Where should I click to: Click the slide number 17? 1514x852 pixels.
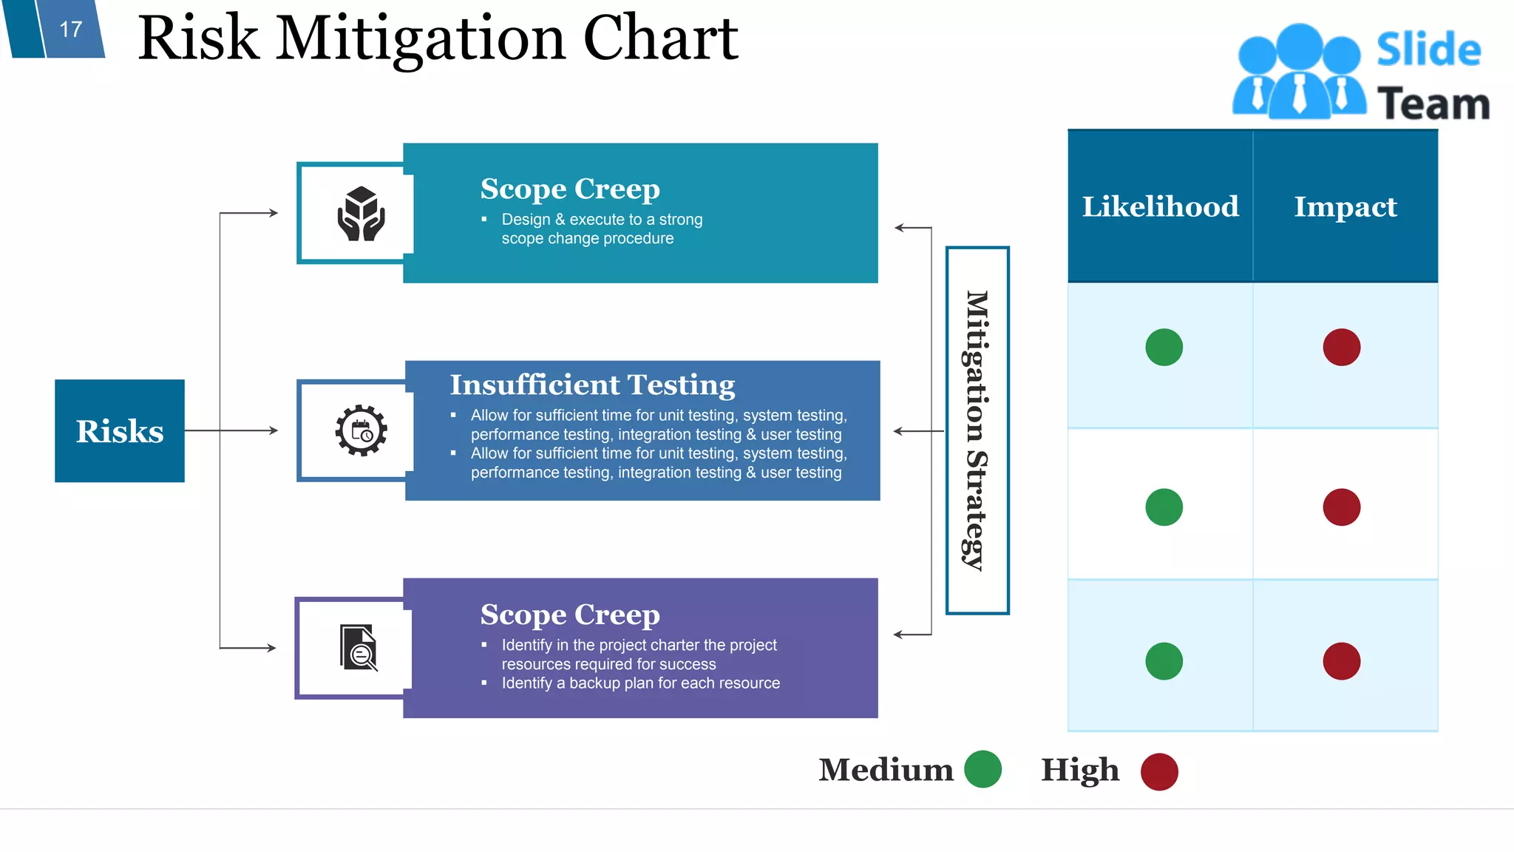click(x=71, y=30)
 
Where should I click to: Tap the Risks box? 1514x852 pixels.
click(x=120, y=431)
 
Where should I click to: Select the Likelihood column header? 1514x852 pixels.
click(x=1160, y=206)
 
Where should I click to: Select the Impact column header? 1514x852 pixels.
click(x=1345, y=206)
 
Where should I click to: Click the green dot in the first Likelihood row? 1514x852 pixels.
click(x=1164, y=347)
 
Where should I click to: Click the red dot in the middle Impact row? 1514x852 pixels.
click(x=1341, y=507)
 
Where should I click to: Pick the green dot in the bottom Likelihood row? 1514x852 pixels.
click(x=1164, y=661)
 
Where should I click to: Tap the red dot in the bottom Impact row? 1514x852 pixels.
click(x=1341, y=661)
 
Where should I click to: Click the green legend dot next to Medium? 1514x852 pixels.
click(x=982, y=769)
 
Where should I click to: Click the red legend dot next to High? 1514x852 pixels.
click(x=1158, y=771)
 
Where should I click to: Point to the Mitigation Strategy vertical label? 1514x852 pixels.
click(x=977, y=430)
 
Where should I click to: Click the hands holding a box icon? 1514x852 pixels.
click(x=361, y=214)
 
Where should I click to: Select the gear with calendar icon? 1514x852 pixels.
click(x=361, y=430)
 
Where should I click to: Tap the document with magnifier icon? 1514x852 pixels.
click(x=359, y=648)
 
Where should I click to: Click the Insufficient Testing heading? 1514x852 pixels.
click(x=592, y=385)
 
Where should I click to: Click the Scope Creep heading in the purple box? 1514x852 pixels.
click(x=570, y=615)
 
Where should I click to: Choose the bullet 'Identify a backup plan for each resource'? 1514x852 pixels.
click(x=640, y=683)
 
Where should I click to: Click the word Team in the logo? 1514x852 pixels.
click(x=1433, y=104)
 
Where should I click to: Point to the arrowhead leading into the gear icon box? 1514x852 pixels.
click(x=274, y=430)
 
